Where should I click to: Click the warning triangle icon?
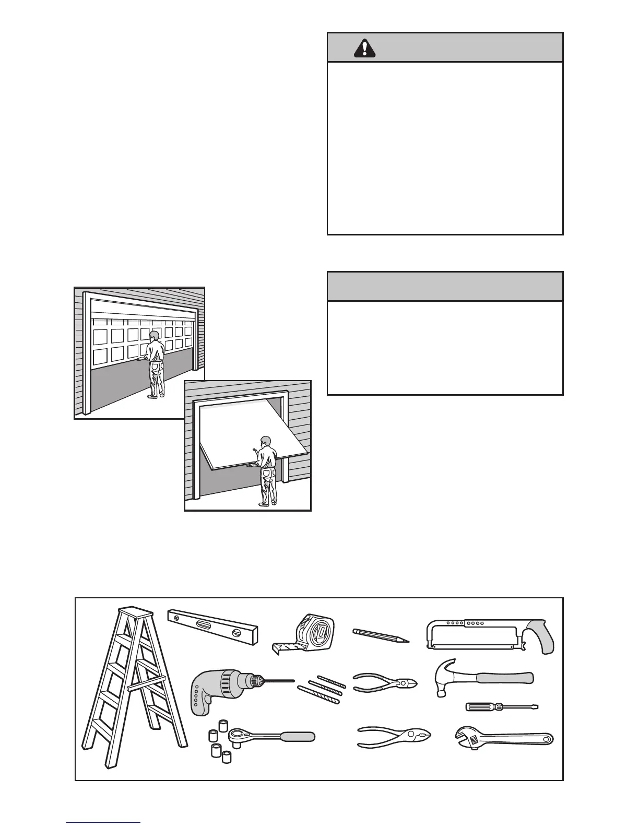tap(364, 48)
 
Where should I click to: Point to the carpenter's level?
tap(213, 626)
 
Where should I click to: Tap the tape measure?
tap(311, 632)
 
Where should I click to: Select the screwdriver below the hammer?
tap(501, 707)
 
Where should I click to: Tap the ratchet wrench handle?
tap(298, 737)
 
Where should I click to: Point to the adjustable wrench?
tap(504, 738)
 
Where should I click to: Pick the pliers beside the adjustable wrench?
tap(394, 737)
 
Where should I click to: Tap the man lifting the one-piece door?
tap(267, 470)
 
